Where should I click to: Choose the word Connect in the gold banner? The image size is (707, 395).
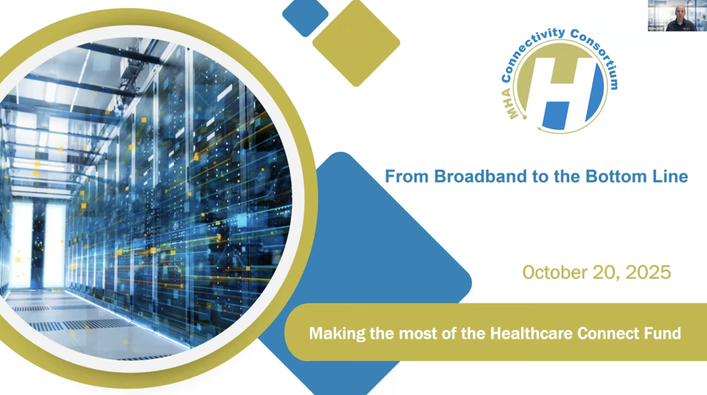click(608, 333)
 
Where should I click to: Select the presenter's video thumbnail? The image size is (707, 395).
click(677, 16)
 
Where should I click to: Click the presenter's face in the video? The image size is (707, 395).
click(679, 11)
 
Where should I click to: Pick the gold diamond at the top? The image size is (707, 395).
click(356, 43)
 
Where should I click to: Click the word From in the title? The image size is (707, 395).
click(407, 176)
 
